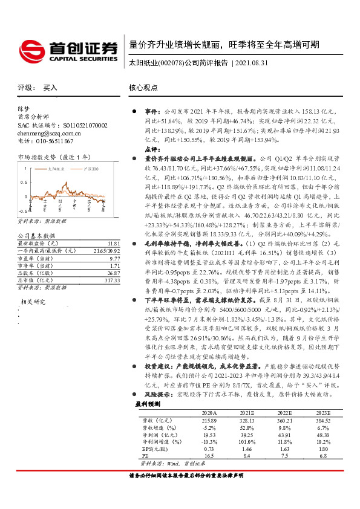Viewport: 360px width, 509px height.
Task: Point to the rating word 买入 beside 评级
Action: click(x=50, y=88)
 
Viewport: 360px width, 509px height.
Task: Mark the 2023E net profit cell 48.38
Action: click(x=323, y=434)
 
